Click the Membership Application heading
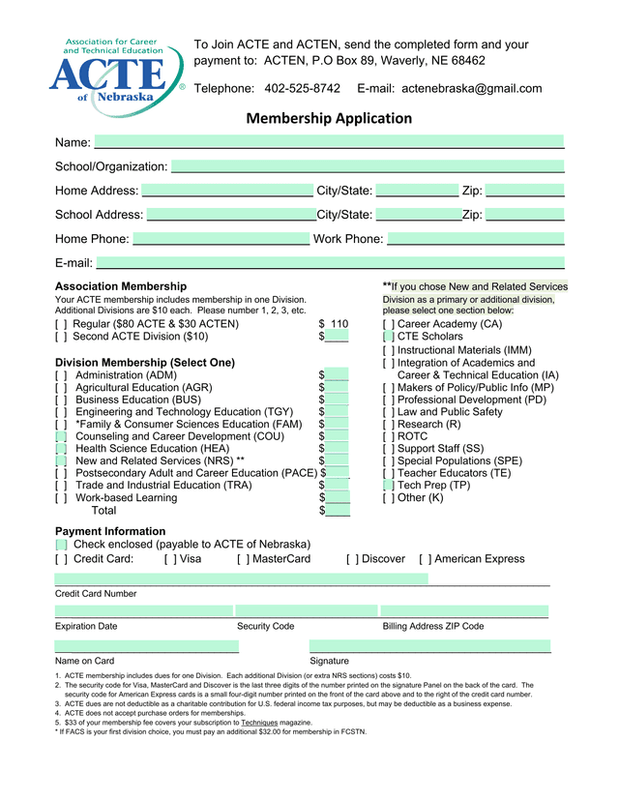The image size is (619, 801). (329, 119)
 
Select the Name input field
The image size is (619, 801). (329, 142)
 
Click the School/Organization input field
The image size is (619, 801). (368, 166)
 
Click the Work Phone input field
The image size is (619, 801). (475, 239)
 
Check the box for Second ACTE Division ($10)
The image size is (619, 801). (61, 338)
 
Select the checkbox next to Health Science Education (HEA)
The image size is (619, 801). (61, 449)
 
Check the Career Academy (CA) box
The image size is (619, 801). (388, 324)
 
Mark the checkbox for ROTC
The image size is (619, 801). (388, 436)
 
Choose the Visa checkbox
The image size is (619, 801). (170, 559)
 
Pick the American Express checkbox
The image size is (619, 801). (425, 559)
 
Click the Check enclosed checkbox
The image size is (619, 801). (61, 545)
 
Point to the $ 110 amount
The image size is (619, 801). (334, 324)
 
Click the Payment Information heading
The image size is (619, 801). (110, 531)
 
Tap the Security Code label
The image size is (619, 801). (266, 627)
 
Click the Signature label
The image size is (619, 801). (329, 661)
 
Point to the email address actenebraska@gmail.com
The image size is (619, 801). (471, 89)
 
